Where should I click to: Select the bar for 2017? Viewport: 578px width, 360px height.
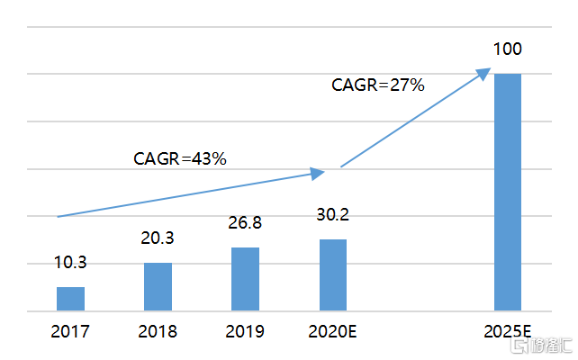(70, 299)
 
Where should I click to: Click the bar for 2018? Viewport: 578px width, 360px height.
(158, 286)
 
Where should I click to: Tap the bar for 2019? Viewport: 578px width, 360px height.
(245, 279)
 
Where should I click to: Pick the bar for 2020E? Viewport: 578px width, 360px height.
(332, 274)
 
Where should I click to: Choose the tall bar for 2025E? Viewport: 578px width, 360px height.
(507, 192)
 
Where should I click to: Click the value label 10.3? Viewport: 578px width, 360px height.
(70, 263)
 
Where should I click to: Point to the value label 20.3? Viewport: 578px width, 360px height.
(158, 238)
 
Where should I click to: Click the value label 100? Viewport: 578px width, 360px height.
(507, 49)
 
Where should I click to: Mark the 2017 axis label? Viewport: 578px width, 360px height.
(70, 331)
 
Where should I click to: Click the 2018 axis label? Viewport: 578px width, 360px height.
(158, 331)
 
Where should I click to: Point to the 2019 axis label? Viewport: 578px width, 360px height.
(245, 331)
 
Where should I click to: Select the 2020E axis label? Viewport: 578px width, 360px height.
(332, 331)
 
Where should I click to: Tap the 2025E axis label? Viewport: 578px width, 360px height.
(507, 331)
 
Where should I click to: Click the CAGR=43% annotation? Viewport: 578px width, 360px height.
(179, 159)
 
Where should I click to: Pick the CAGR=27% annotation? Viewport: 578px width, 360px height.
(377, 85)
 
